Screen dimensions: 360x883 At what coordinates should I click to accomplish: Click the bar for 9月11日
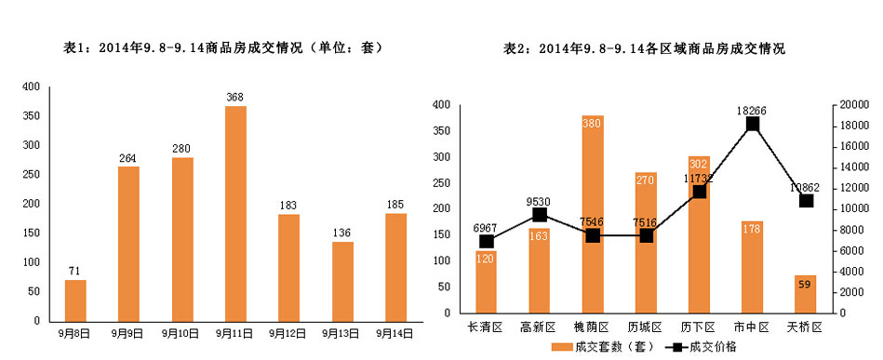[x=235, y=213]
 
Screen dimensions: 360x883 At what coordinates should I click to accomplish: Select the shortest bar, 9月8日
[x=75, y=300]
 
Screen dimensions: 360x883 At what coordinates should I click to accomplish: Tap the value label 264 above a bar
[x=128, y=158]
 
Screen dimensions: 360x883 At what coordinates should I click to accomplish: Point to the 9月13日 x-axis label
[x=342, y=332]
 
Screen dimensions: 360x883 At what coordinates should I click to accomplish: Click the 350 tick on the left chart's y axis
[x=31, y=116]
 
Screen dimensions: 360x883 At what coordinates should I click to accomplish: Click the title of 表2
[x=644, y=47]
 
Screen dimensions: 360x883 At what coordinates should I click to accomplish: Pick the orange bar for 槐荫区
[x=593, y=214]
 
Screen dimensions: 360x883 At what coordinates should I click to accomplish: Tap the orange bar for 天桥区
[x=806, y=294]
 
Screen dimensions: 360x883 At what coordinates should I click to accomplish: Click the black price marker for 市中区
[x=752, y=124]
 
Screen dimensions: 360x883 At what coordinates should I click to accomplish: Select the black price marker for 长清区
[x=486, y=242]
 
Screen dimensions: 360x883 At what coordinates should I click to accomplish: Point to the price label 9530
[x=539, y=200]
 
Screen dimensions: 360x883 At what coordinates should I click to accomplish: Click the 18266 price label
[x=752, y=110]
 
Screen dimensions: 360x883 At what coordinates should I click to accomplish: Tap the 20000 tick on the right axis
[x=853, y=105]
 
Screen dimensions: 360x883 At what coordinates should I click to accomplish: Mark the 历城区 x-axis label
[x=645, y=327]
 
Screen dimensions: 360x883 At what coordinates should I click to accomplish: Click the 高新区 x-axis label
[x=539, y=327]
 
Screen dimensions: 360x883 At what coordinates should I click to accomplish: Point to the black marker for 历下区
[x=699, y=192]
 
